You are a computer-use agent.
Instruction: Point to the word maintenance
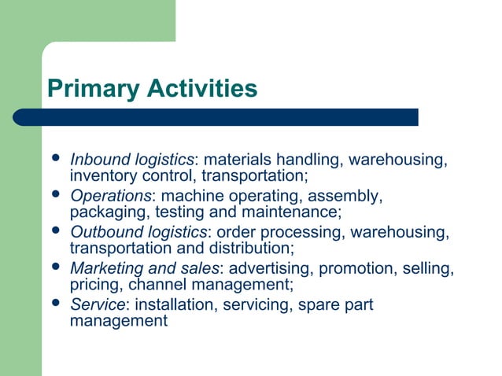click(292, 212)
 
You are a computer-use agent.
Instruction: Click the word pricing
click(93, 284)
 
